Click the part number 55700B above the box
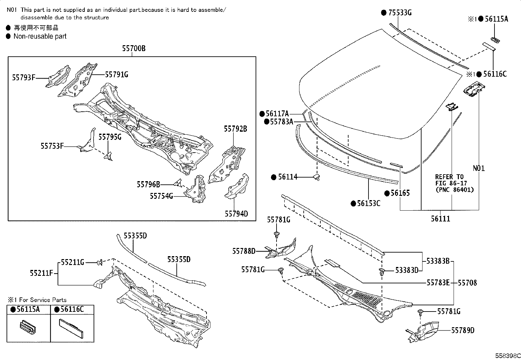134,49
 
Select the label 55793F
24,78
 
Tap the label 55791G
117,75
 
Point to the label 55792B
235,129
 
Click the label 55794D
236,214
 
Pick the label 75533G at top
400,13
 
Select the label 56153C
368,203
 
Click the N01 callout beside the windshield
479,168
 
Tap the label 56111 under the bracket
440,219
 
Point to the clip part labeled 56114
317,177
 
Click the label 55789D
463,331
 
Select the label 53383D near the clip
407,270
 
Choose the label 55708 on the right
467,283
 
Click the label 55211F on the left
42,273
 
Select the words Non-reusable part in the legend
40,36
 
